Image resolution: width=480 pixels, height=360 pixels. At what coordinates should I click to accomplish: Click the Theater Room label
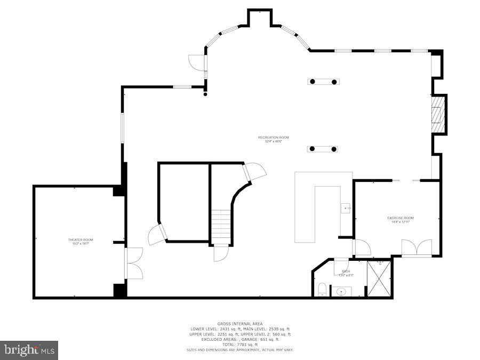pos(81,240)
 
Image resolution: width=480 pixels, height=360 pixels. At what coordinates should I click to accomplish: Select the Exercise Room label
pos(401,218)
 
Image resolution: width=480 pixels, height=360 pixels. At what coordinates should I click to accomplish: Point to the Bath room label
pos(346,271)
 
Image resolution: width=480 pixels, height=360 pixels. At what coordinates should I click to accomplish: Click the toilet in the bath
pos(322,290)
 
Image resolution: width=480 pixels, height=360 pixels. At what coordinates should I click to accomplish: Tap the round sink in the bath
pos(341,291)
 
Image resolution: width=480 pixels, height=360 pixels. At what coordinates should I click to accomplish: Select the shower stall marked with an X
pos(379,277)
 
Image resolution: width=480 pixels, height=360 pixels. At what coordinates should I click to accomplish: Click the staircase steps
pos(221,226)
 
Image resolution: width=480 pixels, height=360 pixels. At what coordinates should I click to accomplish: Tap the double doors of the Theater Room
pos(133,263)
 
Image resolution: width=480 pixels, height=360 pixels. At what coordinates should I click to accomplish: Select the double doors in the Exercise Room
pos(417,247)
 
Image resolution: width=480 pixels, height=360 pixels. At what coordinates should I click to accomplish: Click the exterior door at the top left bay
pos(197,62)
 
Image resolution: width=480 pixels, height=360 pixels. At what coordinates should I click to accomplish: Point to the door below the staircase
pos(221,253)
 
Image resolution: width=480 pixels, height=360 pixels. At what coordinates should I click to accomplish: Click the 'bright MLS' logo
pos(29,350)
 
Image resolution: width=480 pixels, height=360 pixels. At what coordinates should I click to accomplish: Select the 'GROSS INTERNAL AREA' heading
pos(239,324)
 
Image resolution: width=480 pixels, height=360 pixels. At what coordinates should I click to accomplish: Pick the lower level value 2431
pos(222,329)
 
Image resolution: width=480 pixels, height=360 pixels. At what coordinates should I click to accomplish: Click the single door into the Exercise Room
pos(362,247)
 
